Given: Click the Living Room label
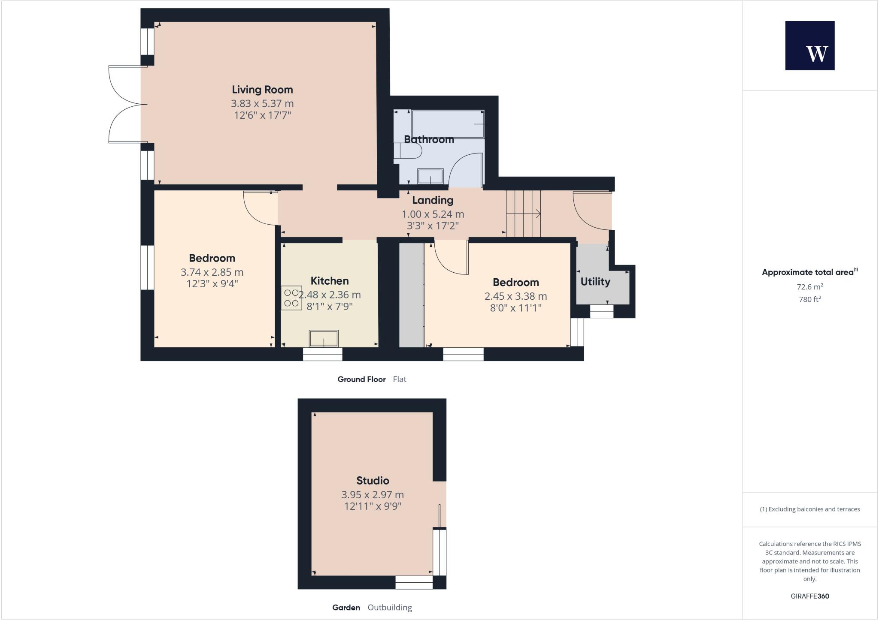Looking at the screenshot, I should tap(262, 90).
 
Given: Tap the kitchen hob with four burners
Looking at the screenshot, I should tap(291, 298).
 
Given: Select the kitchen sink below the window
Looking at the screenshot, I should tap(324, 338).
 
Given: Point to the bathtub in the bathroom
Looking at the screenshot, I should tap(448, 124).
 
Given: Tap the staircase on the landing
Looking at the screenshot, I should tap(523, 213).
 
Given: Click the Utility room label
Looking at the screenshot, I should tap(595, 282).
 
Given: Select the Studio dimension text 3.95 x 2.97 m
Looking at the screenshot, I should tap(372, 494).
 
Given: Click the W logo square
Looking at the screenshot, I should tap(809, 45).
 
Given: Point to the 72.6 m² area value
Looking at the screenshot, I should tap(809, 286).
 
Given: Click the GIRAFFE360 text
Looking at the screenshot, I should tap(809, 596).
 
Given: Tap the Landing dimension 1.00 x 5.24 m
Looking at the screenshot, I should tap(433, 214).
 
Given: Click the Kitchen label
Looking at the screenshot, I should tap(329, 281).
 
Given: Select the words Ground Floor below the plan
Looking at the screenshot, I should tap(361, 379).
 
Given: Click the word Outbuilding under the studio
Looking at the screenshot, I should tap(390, 608).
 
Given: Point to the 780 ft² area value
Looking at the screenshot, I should tap(809, 299).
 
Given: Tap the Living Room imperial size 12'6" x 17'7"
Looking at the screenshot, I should tap(262, 115).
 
